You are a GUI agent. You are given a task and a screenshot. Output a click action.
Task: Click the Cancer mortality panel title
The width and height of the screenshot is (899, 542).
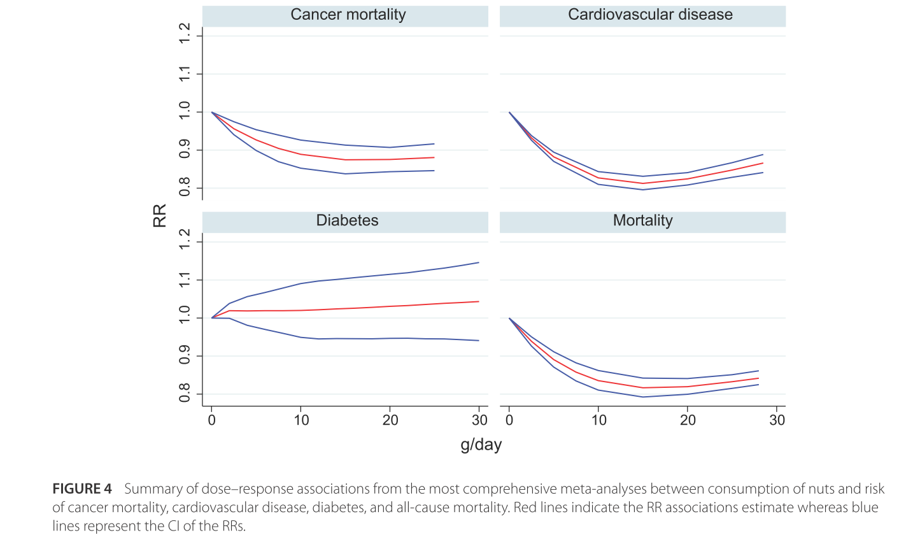[348, 15]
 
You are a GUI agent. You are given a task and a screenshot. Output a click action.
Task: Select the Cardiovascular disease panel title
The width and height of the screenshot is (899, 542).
[650, 15]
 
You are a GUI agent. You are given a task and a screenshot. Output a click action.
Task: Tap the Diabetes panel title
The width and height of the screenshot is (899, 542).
[347, 221]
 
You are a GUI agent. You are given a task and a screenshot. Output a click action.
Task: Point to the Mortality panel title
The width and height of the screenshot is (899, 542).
[642, 221]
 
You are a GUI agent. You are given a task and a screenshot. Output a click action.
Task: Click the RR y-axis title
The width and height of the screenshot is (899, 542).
[160, 216]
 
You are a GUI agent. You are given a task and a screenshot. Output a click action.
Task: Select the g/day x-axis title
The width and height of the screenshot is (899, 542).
[481, 445]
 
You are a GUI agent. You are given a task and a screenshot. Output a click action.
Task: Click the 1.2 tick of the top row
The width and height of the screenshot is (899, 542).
[185, 36]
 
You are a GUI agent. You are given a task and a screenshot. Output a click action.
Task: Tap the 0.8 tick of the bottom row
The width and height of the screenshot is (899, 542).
[185, 393]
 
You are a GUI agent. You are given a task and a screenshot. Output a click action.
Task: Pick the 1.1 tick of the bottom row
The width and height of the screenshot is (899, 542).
[185, 280]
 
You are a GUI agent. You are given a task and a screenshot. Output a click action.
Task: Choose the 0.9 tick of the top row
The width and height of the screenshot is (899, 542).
[185, 150]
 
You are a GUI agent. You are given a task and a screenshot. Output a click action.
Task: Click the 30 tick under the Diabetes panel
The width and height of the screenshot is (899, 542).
[479, 420]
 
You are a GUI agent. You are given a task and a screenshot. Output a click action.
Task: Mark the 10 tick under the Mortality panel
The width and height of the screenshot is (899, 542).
[598, 420]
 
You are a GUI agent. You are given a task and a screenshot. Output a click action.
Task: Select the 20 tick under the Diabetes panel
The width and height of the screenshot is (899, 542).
[390, 420]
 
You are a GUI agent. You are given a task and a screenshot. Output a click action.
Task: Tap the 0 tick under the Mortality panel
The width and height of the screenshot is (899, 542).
[509, 420]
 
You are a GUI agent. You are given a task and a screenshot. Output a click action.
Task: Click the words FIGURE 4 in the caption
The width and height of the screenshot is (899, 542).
[82, 489]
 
